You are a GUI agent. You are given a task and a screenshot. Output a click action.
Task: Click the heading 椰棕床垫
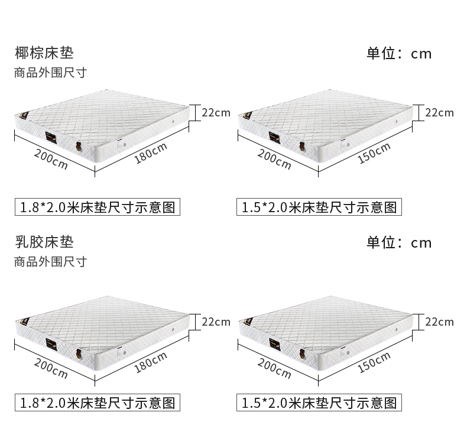coord(44,53)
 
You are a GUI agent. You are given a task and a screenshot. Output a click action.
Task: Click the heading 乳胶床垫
coord(44,242)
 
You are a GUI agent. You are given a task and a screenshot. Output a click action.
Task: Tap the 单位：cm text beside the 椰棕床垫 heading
coord(399,54)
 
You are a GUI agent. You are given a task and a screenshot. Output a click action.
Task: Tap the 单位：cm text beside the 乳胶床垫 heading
coord(399,242)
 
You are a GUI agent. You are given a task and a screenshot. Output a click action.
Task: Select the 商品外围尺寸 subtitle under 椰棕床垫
coord(50,73)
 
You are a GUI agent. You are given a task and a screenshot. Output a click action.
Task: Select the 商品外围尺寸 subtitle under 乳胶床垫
coord(50,261)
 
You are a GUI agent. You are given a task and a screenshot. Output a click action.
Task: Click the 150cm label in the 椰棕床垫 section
coord(374,154)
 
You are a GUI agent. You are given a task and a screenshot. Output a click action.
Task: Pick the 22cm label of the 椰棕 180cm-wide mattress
coord(216,112)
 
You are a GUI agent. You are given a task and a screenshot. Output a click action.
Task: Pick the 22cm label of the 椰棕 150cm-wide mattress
coord(440,112)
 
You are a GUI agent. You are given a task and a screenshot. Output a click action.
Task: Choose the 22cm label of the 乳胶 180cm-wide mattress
coord(216,322)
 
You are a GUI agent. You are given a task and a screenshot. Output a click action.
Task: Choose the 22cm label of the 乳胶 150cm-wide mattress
coord(440,322)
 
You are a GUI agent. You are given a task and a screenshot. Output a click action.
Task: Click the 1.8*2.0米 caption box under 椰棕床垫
coord(98,207)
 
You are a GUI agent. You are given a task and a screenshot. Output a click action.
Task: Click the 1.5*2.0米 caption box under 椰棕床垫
coord(319,207)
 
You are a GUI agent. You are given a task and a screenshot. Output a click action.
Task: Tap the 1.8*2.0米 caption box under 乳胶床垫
coord(98,403)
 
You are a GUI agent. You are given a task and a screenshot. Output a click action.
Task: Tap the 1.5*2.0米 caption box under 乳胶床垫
coord(319,403)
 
